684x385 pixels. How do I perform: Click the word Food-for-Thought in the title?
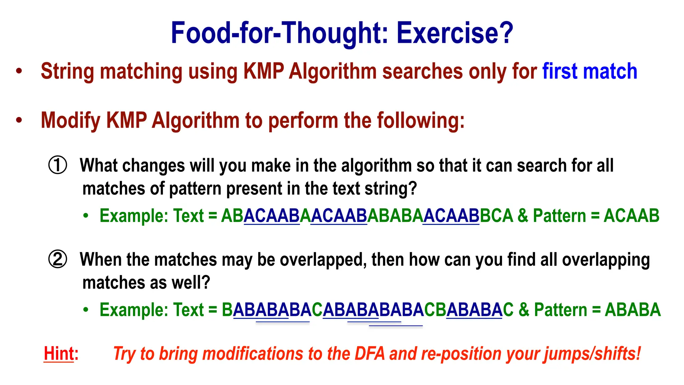click(279, 33)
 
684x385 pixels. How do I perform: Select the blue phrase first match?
click(589, 71)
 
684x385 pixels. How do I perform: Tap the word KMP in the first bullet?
click(264, 71)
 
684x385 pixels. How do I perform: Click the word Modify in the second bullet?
click(70, 120)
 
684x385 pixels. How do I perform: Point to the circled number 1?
click(58, 165)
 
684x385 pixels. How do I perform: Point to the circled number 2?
click(58, 259)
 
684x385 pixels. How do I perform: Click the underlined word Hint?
click(59, 354)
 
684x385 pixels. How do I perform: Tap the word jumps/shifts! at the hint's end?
click(592, 354)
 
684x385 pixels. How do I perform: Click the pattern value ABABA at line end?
click(633, 310)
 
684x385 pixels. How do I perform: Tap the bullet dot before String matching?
click(19, 71)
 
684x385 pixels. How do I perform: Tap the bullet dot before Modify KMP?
click(19, 120)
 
